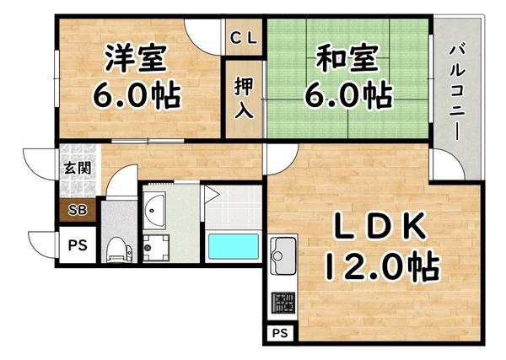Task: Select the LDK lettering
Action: point(380,228)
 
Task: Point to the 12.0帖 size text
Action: point(380,268)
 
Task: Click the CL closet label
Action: point(245,37)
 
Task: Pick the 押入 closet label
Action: point(245,97)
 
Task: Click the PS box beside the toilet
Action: point(76,246)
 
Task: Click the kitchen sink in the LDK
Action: point(282,252)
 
